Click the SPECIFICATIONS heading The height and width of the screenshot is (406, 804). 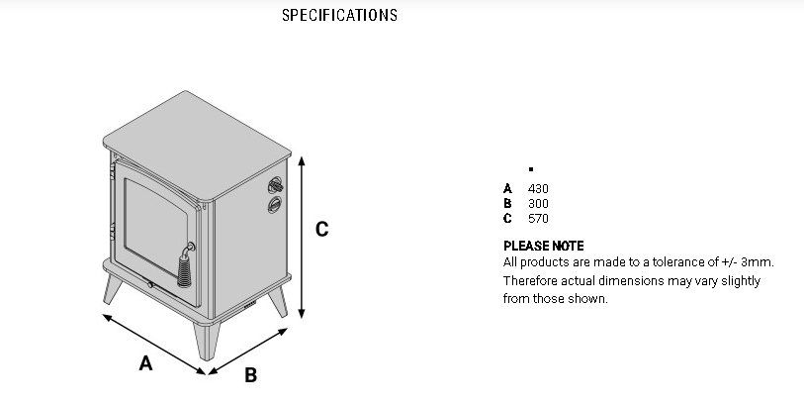pos(339,15)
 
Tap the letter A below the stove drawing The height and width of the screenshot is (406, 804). pos(145,363)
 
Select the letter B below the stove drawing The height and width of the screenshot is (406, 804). pos(250,375)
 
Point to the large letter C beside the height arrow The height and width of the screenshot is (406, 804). pos(321,229)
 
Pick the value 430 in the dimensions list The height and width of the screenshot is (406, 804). pos(538,188)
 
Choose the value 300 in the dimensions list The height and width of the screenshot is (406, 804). pos(538,203)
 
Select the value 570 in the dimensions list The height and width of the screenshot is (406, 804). pos(538,218)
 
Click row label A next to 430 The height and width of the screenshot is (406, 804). pos(507,188)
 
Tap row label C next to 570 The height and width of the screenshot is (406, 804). pos(507,218)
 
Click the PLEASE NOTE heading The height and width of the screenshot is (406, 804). pos(543,246)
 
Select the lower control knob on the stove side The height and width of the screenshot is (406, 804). pos(274,204)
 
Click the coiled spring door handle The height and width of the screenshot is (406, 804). pos(184,264)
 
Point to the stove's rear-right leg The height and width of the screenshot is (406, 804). pos(278,301)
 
